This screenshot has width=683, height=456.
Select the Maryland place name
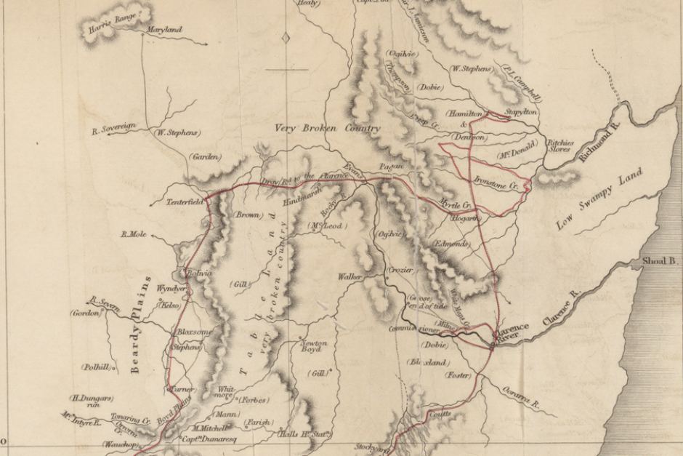[164, 31]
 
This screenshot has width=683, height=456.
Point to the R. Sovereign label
[114, 130]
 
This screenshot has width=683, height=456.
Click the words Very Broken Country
[327, 129]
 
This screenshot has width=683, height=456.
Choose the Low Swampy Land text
[590, 203]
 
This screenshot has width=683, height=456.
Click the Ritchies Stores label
[560, 146]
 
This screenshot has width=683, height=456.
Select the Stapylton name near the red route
[520, 113]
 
